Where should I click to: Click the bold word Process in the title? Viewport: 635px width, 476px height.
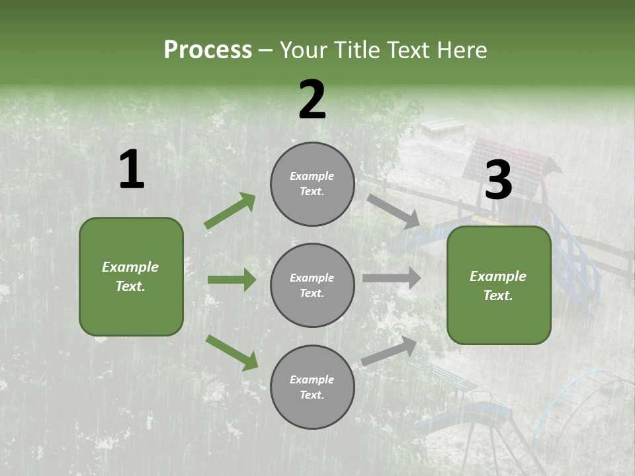[x=208, y=50]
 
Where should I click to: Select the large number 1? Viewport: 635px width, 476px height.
[x=132, y=170]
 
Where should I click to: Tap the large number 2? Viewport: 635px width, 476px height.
[x=312, y=100]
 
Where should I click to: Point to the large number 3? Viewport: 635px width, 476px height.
[x=498, y=180]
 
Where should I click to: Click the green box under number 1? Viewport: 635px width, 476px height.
[x=131, y=276]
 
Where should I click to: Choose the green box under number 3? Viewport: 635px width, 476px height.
[x=499, y=285]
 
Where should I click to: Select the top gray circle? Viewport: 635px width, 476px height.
[x=312, y=184]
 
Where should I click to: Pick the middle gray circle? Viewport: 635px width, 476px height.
[x=312, y=285]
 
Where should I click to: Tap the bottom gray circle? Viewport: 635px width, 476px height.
[x=312, y=387]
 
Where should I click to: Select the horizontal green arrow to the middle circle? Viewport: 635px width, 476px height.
[x=232, y=280]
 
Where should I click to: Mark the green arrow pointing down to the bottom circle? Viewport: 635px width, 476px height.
[x=232, y=352]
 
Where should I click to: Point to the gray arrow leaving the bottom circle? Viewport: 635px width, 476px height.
[x=389, y=351]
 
